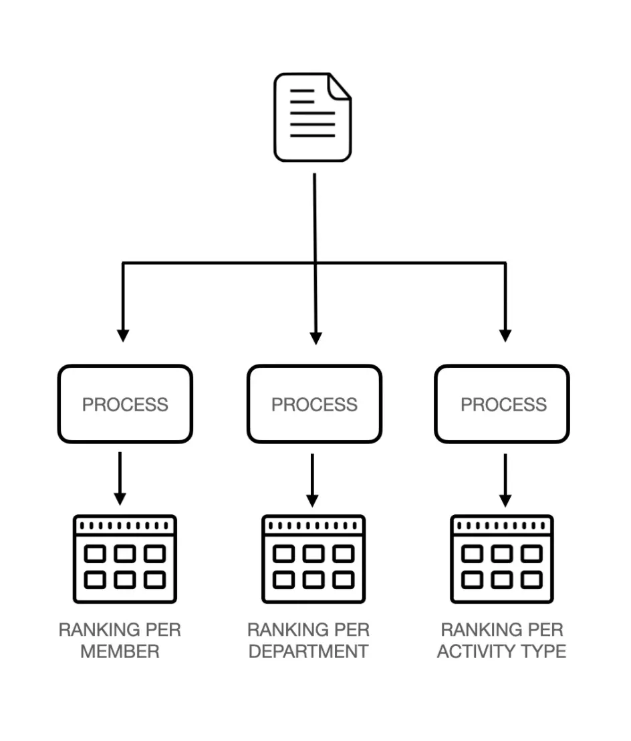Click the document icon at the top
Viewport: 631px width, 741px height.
(312, 118)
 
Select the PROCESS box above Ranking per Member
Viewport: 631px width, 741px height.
(125, 404)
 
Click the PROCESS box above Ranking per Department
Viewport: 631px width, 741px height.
(314, 404)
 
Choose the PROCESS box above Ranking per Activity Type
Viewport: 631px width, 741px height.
(503, 404)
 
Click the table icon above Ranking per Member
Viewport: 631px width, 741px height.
(125, 558)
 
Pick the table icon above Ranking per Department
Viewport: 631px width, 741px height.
(313, 558)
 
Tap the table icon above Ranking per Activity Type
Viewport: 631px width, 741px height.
(502, 558)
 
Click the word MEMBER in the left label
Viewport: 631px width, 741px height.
(120, 651)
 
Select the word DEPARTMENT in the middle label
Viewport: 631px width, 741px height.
(308, 651)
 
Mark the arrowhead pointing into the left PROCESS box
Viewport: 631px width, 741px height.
(122, 334)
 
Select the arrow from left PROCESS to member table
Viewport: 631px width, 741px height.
(120, 478)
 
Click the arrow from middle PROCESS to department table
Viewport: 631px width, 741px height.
(312, 480)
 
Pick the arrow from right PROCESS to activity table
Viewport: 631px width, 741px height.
(505, 480)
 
